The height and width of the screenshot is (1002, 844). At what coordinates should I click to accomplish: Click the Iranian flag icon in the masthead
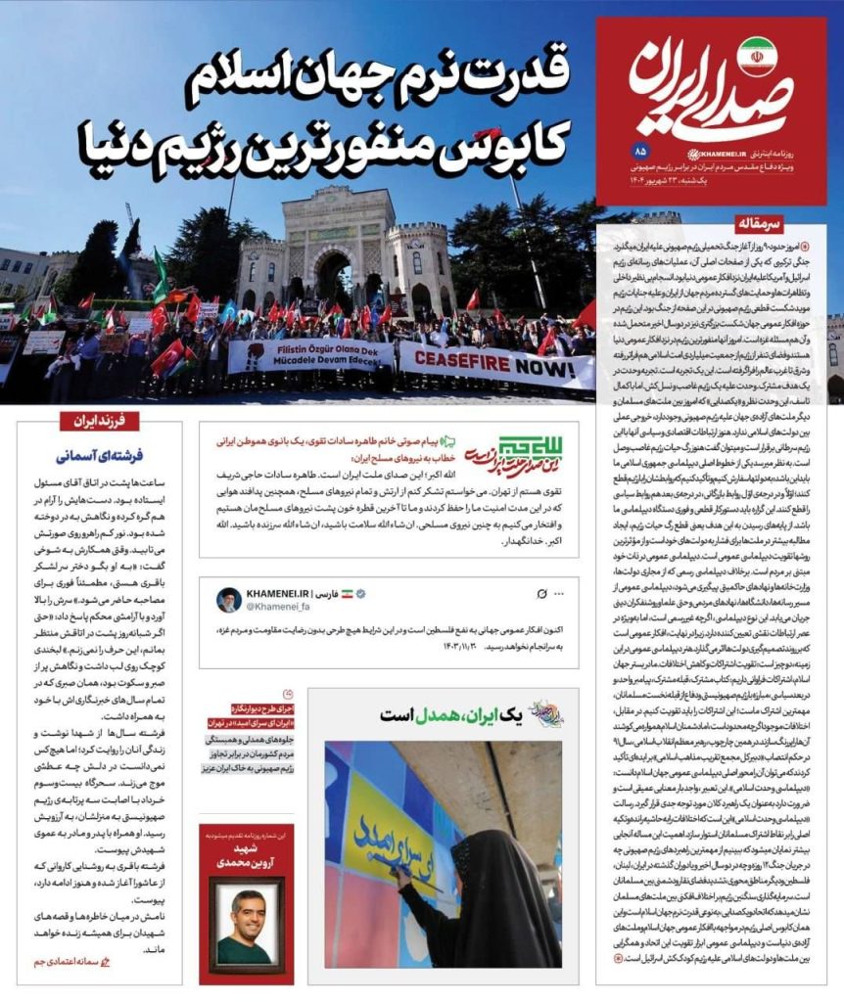tap(756, 57)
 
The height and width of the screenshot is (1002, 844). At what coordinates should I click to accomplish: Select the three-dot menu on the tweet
tap(559, 594)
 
